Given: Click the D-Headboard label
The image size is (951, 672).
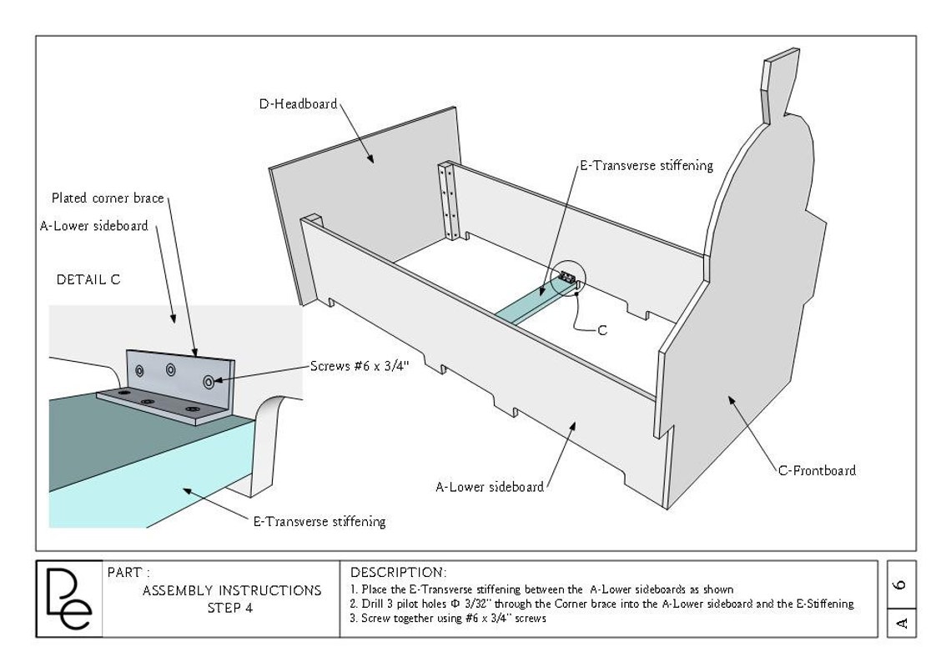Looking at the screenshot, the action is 298,103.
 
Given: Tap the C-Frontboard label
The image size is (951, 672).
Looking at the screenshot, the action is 817,470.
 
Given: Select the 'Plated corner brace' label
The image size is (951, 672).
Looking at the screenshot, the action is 108,198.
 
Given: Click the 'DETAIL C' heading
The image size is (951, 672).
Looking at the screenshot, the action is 88,279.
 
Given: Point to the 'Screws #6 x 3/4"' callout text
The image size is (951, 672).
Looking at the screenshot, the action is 360,366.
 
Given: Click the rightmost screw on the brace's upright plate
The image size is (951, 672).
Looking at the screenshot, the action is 209,381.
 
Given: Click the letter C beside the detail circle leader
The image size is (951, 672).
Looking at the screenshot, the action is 602,330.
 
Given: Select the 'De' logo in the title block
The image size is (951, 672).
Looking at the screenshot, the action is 69,599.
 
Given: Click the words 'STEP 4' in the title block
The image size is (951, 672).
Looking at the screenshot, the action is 230,608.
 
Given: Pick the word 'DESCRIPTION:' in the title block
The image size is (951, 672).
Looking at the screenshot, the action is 399,573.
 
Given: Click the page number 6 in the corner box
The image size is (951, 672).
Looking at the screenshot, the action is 901,584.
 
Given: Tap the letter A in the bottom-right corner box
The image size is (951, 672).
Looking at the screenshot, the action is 901,623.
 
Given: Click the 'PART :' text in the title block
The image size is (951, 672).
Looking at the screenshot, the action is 128,573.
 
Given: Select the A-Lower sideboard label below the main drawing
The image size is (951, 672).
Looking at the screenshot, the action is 490,487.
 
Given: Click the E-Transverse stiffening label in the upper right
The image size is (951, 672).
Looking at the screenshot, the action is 647,165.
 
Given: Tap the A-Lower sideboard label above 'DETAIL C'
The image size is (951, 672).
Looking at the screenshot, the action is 94,226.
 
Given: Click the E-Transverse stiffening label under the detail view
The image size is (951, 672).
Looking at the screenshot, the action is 320,521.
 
